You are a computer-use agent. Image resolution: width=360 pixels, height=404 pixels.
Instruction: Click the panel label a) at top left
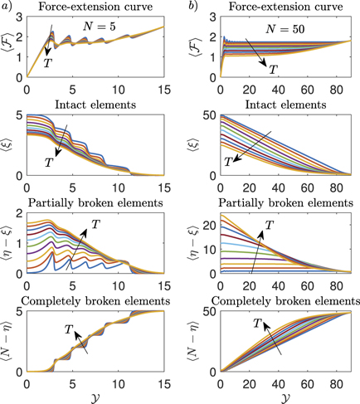[x=7, y=7]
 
